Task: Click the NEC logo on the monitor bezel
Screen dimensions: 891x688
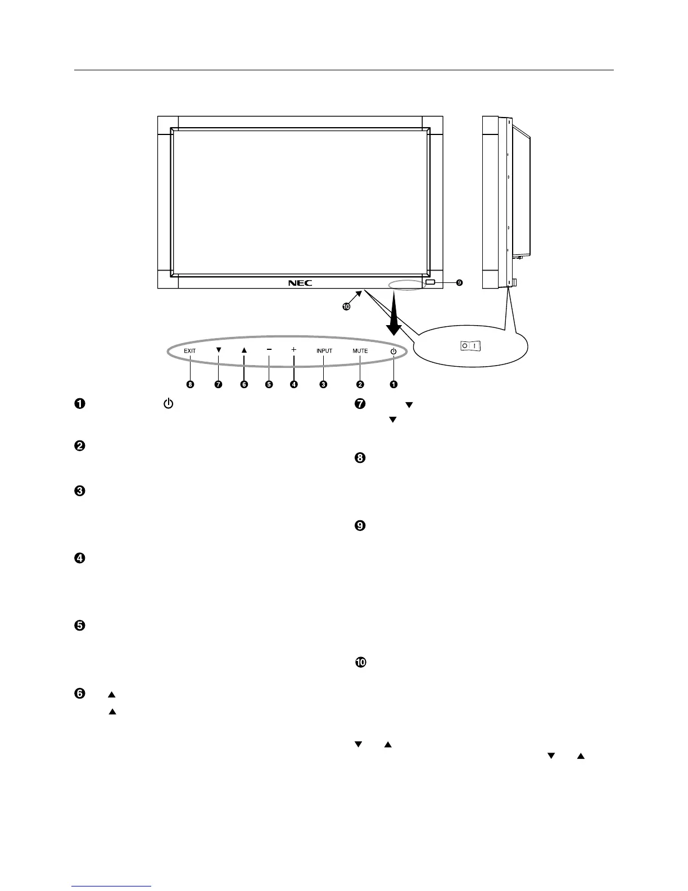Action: [300, 282]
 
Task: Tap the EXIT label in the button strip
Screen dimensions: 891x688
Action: [190, 351]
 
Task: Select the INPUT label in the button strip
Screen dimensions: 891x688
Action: [324, 351]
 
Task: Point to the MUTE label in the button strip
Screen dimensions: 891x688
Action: [360, 351]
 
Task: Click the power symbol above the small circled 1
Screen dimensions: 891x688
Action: [393, 351]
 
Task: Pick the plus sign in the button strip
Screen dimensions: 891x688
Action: [293, 349]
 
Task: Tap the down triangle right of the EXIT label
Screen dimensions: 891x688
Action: [219, 349]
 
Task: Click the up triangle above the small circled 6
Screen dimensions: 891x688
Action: [244, 349]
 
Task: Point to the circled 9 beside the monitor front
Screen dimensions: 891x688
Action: [459, 282]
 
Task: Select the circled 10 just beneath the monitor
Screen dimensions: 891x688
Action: [346, 307]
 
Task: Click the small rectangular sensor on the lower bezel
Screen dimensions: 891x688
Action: [430, 282]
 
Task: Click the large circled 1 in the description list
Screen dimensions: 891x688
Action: [80, 404]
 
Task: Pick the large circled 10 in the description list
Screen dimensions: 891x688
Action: [360, 663]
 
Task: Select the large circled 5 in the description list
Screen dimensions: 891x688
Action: [80, 625]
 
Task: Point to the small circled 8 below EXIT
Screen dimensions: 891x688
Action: [191, 385]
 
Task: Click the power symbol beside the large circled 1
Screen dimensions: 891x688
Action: [168, 404]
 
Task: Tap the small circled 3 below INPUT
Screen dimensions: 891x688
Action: [323, 385]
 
